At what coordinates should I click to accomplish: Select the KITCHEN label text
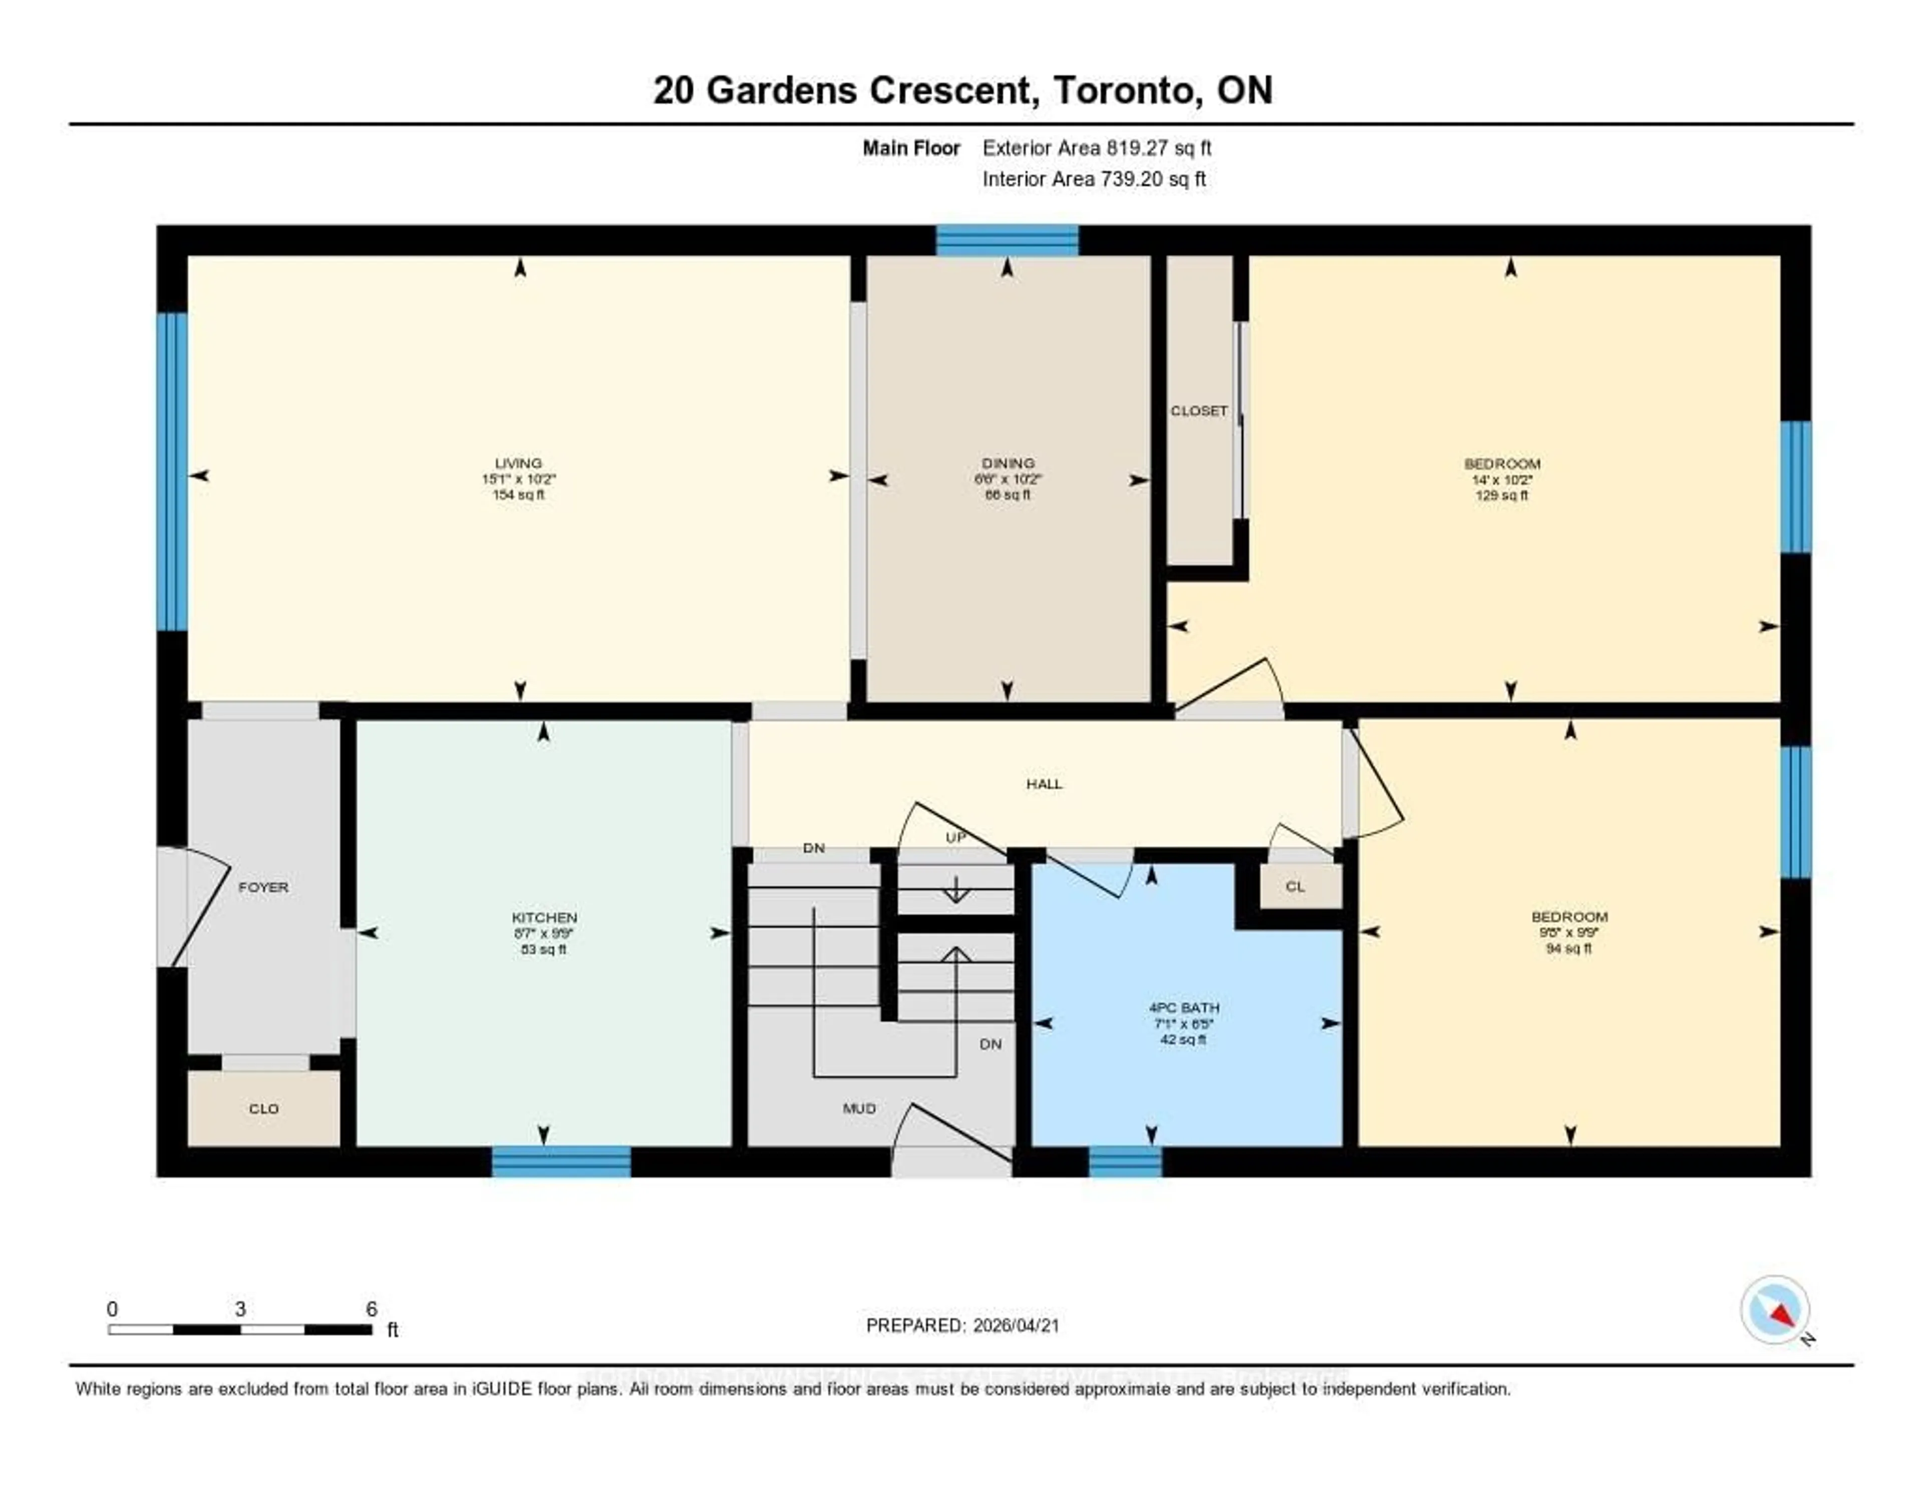(544, 917)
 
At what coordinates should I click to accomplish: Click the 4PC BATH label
(1183, 1008)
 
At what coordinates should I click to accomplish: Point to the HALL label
(1044, 784)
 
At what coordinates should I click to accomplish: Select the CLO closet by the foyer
(263, 1109)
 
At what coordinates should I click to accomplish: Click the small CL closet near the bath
(1295, 886)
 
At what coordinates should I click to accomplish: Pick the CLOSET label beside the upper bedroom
(1198, 411)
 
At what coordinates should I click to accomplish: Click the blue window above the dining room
(1007, 240)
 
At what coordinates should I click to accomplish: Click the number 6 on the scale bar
(372, 1309)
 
